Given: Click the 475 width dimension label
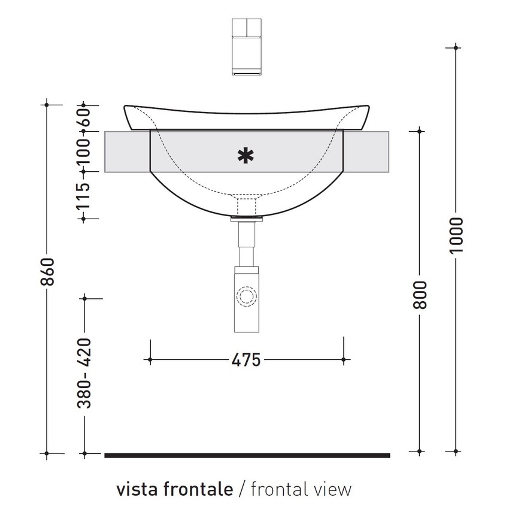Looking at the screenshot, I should (246, 360).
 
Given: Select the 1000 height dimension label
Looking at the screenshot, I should (456, 235).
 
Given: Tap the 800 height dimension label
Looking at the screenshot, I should (420, 295).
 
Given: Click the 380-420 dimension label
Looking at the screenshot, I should (85, 373).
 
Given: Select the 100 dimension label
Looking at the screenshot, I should (84, 151).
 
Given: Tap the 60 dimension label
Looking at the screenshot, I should (84, 119).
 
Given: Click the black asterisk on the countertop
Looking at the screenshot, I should (244, 156).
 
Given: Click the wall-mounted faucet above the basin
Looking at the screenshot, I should (246, 46).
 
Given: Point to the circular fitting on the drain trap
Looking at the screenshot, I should (246, 297).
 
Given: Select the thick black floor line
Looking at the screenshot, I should (247, 455).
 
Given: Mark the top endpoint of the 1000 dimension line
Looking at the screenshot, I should (456, 47).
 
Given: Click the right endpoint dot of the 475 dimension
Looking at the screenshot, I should (343, 360).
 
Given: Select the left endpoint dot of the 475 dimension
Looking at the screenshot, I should (149, 360).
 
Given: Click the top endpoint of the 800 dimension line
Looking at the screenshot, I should (420, 131).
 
